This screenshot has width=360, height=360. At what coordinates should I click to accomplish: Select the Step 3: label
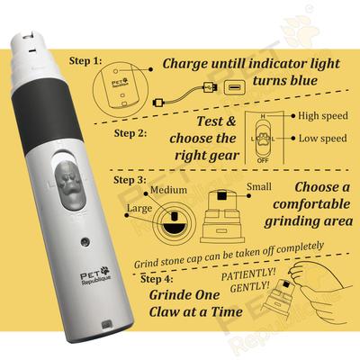pos(130,180)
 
